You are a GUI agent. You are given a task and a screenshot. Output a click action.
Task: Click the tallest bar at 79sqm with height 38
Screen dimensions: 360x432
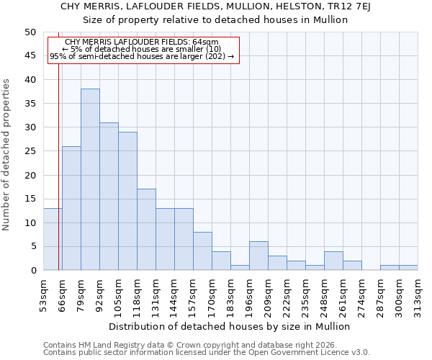tap(90, 179)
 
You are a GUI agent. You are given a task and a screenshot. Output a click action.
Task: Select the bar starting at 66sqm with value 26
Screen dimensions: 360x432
tap(71, 208)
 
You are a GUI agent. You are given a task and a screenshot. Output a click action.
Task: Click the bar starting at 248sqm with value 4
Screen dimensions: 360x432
tap(333, 261)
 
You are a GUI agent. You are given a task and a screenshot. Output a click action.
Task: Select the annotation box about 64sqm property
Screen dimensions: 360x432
tap(143, 49)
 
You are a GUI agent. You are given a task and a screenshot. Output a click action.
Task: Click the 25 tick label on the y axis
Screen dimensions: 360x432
tap(30, 151)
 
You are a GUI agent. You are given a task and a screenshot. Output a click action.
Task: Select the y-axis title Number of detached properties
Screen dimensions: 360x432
tap(6, 154)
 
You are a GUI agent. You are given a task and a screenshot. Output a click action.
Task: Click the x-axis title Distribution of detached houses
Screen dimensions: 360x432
tap(230, 326)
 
